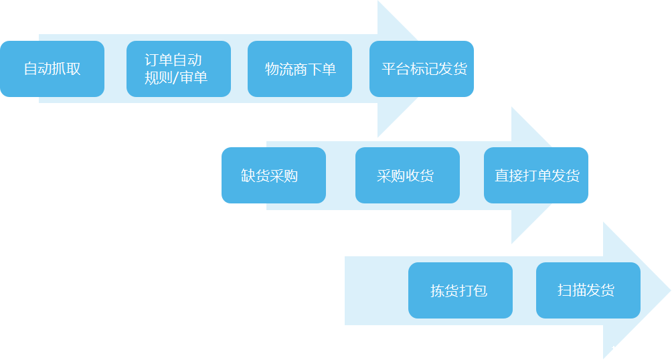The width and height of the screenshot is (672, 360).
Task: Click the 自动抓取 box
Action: [52, 69]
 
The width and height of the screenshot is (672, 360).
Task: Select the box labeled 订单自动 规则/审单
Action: [178, 69]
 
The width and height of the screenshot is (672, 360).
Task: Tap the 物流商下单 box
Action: [300, 69]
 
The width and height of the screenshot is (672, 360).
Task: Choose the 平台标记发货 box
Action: [422, 69]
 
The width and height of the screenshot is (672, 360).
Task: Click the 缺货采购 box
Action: [273, 175]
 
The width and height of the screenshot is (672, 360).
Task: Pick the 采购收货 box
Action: [407, 175]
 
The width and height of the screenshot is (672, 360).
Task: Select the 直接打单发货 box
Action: [535, 175]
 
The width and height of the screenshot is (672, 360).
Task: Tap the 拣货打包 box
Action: [460, 290]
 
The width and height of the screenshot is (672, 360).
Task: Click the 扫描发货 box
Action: [588, 290]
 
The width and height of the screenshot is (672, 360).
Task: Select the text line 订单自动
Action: [173, 60]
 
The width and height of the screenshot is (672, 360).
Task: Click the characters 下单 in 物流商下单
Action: [322, 70]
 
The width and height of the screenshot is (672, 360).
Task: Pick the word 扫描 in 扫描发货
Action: [572, 290]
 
